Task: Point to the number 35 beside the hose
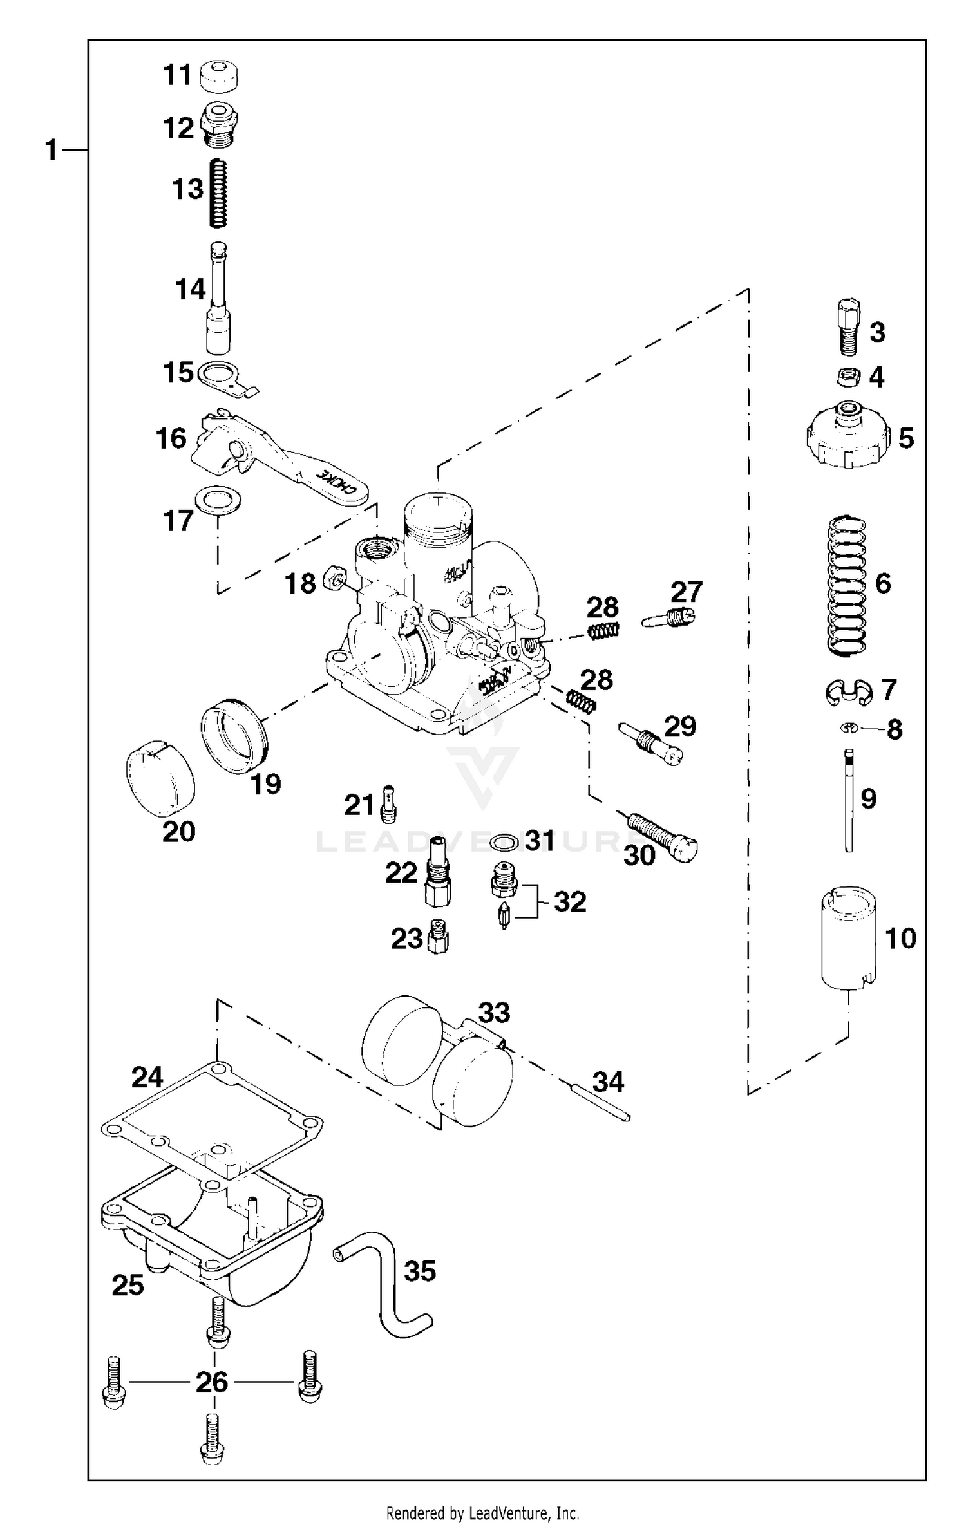(420, 1271)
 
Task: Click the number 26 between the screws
(212, 1382)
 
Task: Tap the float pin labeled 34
(599, 1103)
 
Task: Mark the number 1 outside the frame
(52, 151)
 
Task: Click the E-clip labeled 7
(848, 690)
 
